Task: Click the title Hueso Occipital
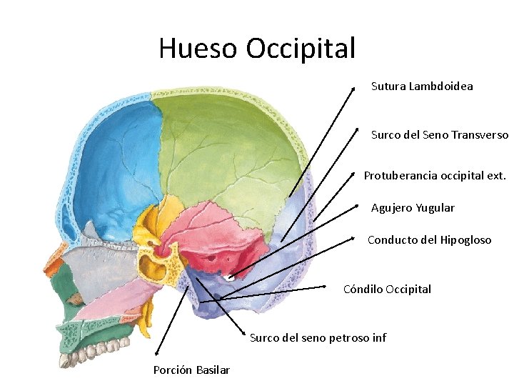click(x=256, y=49)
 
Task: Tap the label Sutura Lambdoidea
click(x=421, y=86)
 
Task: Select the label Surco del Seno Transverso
click(x=439, y=134)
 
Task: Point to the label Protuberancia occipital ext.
click(x=434, y=175)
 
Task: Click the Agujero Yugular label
click(x=412, y=208)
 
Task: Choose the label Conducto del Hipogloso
click(x=429, y=240)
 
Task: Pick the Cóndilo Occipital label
click(x=387, y=289)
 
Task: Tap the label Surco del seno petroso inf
click(x=318, y=337)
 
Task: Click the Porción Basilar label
click(x=191, y=370)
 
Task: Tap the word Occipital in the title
click(x=300, y=49)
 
